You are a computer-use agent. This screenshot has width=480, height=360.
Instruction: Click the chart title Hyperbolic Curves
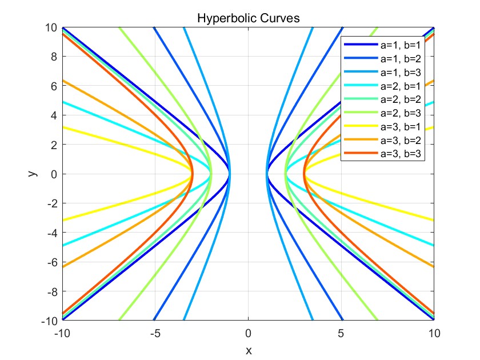(x=248, y=18)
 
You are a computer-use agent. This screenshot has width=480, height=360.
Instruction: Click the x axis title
(x=248, y=350)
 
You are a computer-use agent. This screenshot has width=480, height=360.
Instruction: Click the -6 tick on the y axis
(x=50, y=262)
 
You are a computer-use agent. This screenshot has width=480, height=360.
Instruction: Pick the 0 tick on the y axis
(x=53, y=174)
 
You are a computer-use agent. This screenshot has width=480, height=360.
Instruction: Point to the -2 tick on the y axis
(x=50, y=203)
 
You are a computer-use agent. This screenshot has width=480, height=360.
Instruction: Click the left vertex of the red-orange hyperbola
(x=192, y=174)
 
